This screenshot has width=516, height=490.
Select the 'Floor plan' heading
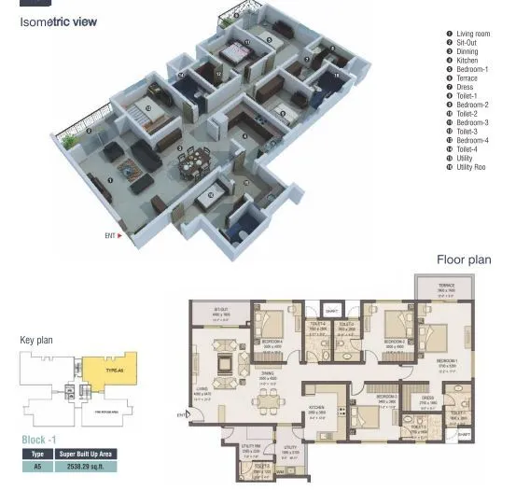464,259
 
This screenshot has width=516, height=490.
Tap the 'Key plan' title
36,341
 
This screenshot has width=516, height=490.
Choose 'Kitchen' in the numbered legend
467,61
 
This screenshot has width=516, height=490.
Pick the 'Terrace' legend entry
467,78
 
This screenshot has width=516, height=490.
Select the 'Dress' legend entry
464,87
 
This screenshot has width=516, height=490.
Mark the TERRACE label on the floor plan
446,286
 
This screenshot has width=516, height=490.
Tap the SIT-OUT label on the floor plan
221,309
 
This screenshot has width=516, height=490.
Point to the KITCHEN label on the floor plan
316,407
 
